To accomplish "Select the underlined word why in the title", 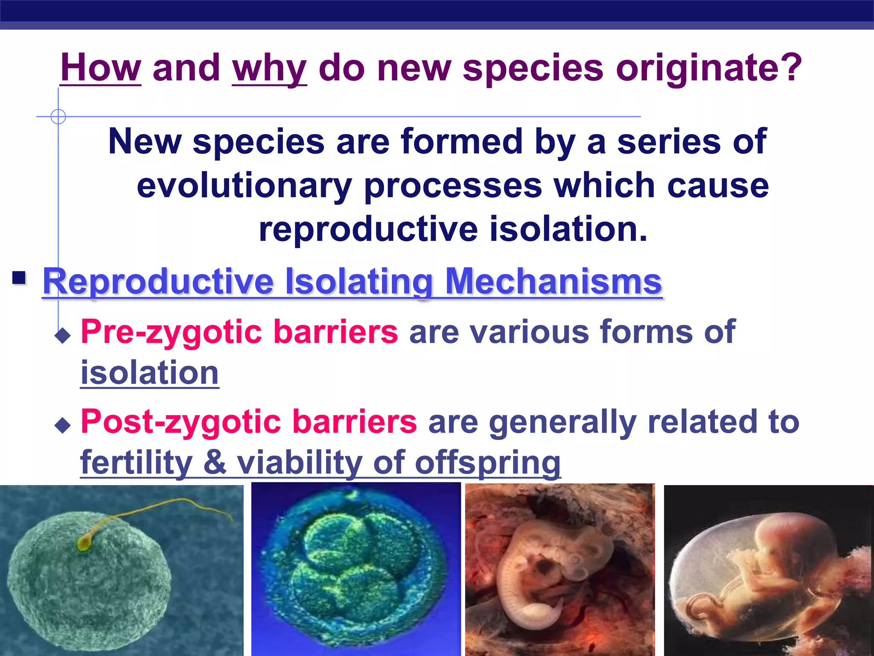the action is click(269, 69).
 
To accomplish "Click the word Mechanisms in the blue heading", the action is click(554, 281).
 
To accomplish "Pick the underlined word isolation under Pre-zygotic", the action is click(150, 372).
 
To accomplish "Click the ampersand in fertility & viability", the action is click(215, 462).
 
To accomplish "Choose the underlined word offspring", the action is click(488, 464).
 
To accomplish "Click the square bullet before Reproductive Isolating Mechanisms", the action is click(19, 278).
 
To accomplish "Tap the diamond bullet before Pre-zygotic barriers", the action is click(63, 336).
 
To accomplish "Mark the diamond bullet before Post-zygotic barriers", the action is click(63, 425).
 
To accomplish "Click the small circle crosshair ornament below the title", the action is click(58, 116).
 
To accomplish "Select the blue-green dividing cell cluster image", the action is click(356, 569).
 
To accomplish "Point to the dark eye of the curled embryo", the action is click(545, 568).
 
